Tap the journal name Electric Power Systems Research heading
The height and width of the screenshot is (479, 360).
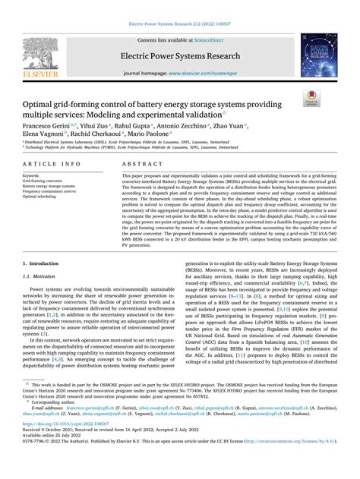[179, 57]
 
